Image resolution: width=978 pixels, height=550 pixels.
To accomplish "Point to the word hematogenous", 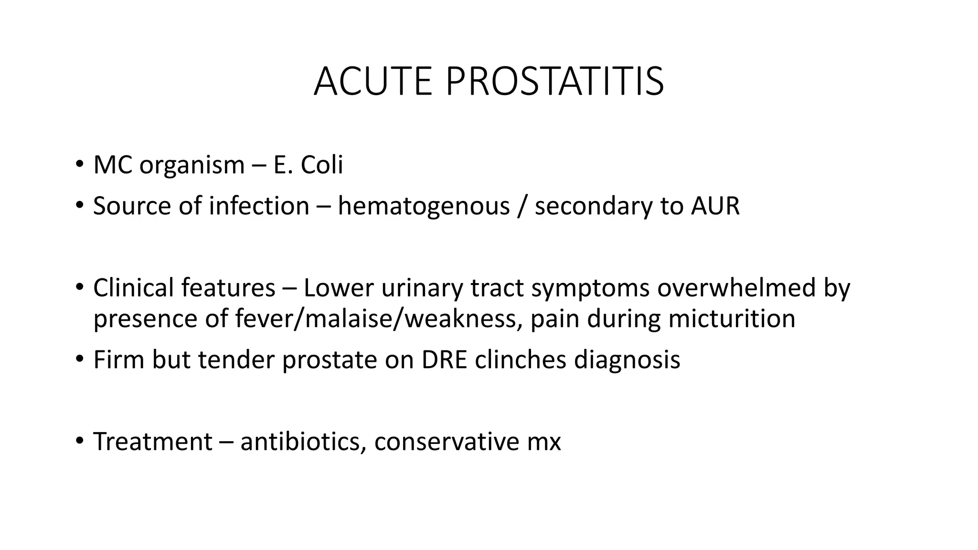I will [424, 206].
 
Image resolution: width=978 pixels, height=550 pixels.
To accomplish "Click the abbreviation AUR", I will [715, 206].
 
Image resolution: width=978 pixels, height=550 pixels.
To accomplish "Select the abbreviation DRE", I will [444, 360].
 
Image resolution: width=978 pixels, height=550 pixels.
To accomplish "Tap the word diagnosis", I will [627, 360].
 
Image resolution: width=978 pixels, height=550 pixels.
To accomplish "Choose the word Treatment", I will [153, 441].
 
